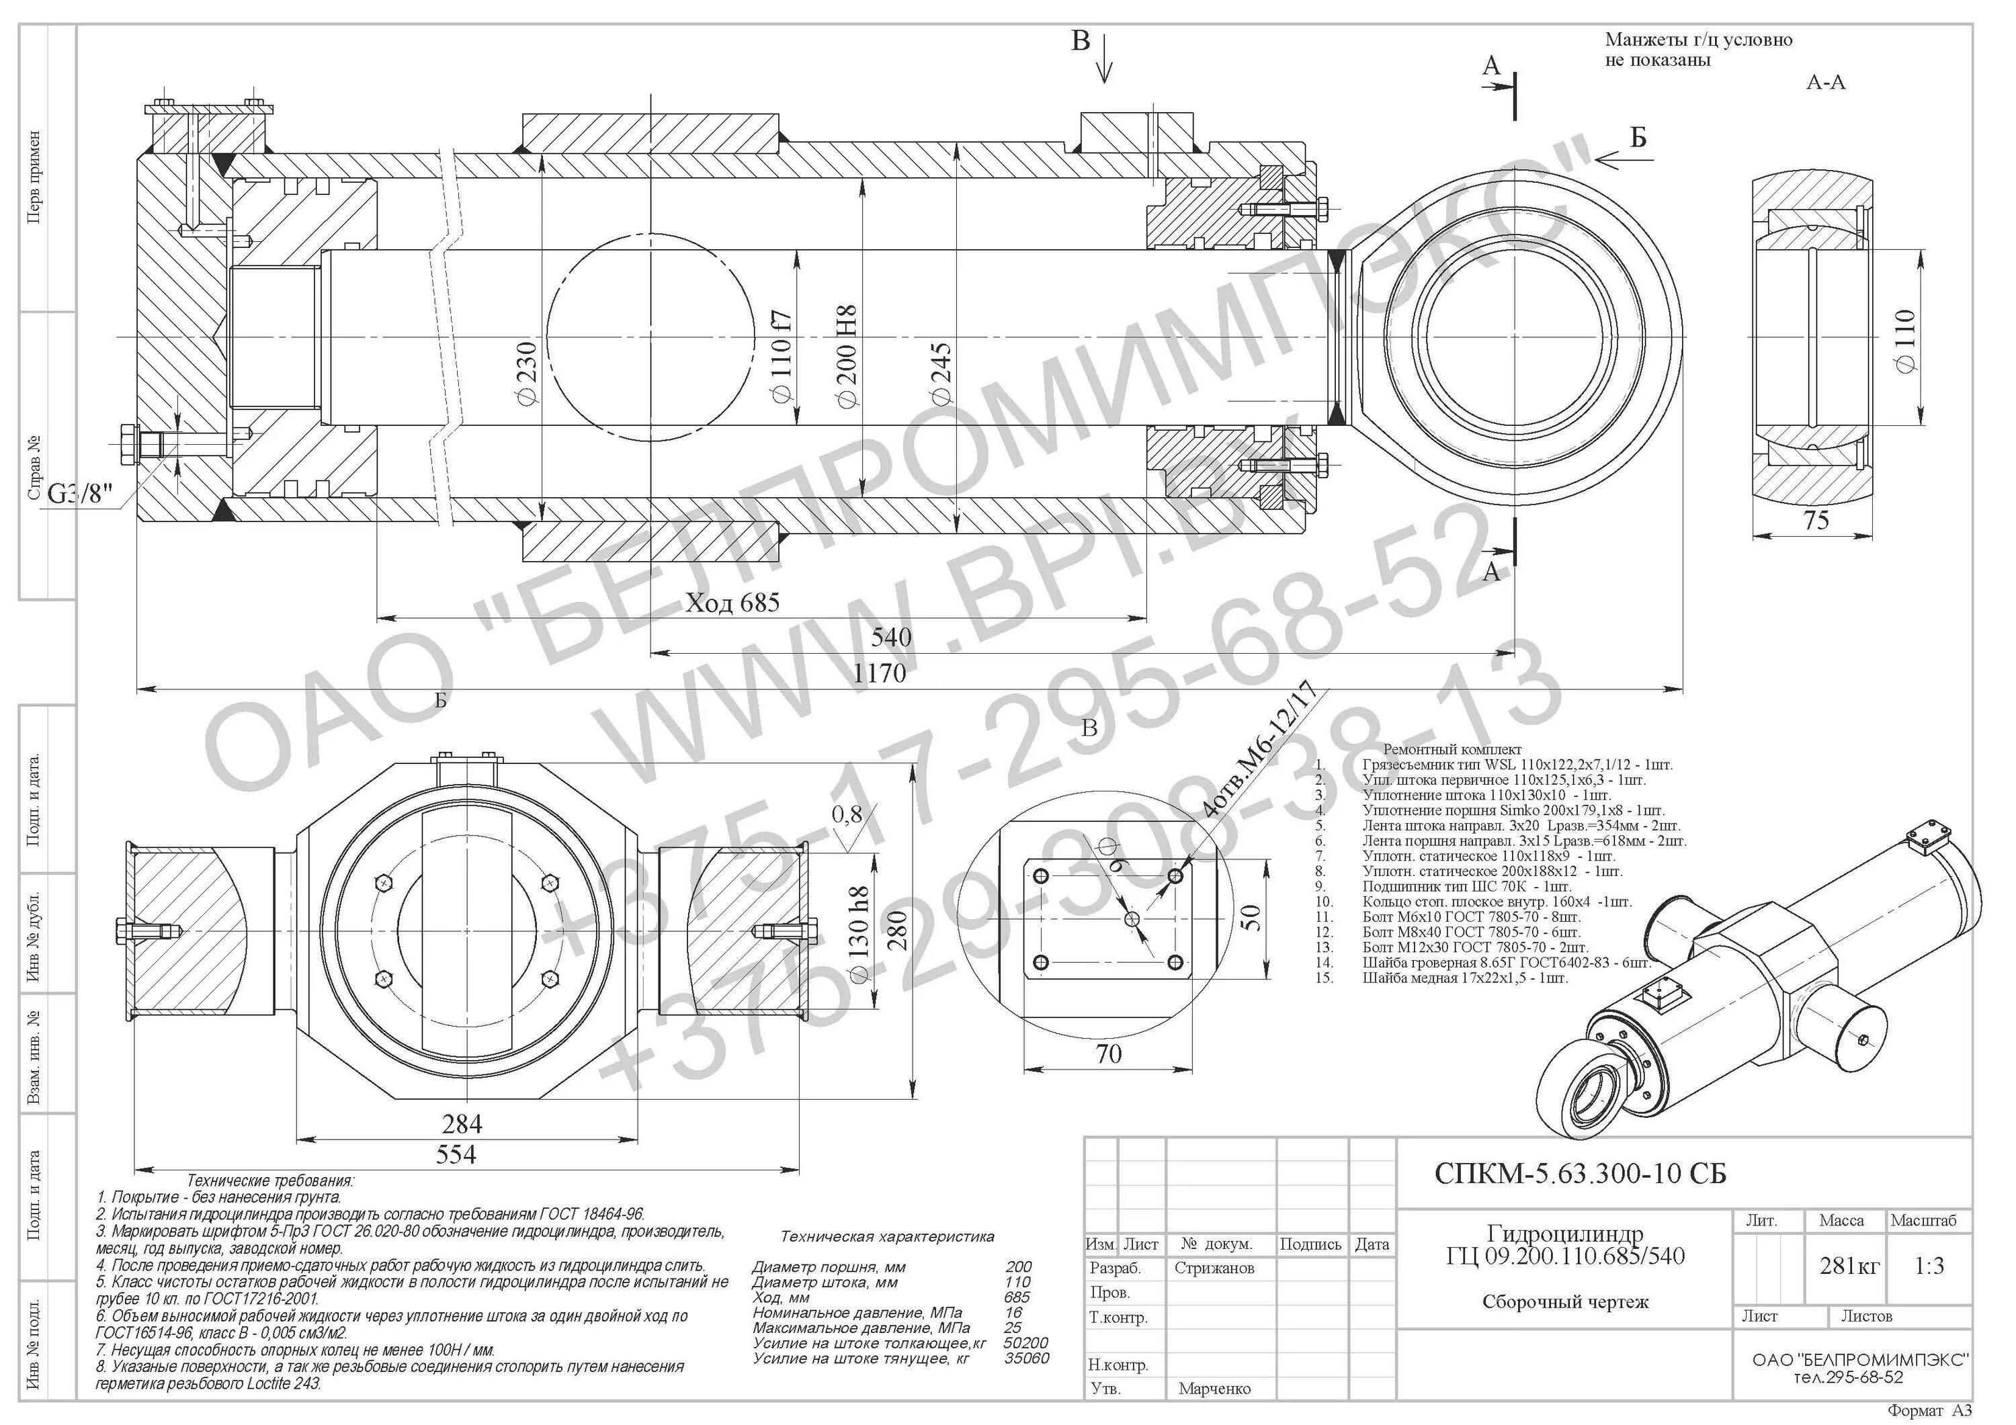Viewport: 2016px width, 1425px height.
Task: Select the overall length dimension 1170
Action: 879,673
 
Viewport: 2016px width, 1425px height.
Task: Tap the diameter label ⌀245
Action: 941,373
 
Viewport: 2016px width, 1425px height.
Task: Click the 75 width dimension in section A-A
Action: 1816,521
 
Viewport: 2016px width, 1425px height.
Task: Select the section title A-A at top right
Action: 1825,83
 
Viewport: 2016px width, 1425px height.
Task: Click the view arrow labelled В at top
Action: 1081,41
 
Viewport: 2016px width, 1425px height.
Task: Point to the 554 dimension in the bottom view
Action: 456,1154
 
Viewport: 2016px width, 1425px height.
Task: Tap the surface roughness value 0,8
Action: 847,815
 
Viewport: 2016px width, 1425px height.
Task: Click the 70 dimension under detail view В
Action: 1109,1053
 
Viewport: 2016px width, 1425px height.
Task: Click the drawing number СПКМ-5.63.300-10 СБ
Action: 1581,1174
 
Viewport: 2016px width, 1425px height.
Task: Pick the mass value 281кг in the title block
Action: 1849,1265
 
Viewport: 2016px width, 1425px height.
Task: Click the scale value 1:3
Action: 1929,1265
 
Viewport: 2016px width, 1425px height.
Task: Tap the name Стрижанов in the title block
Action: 1214,1268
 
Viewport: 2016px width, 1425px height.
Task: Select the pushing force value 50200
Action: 1025,1342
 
